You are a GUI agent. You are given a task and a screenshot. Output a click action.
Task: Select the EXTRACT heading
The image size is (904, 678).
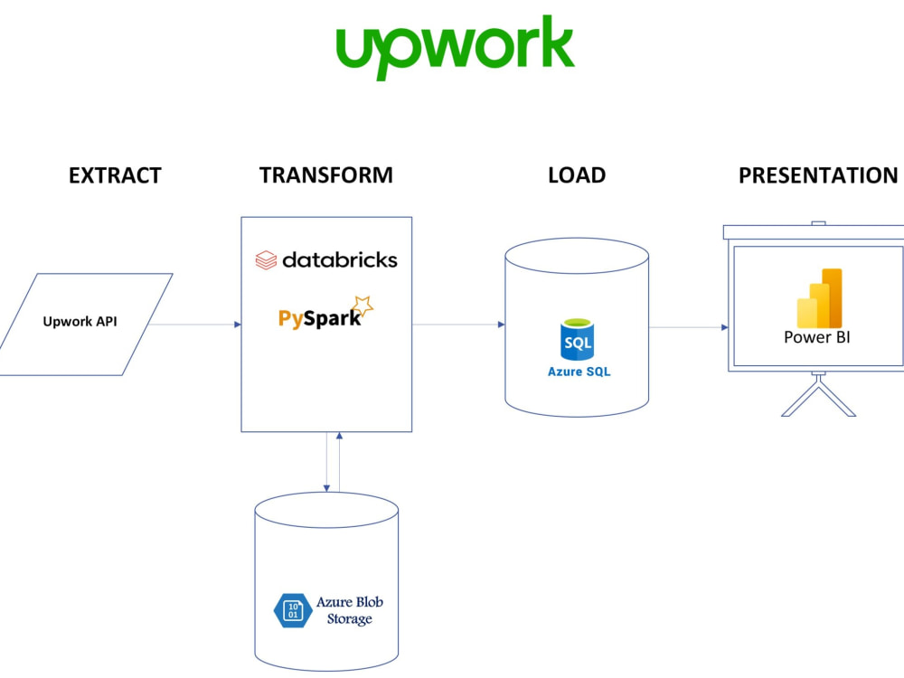click(x=115, y=175)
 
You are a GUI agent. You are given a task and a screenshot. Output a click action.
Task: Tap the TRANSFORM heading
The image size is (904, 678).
click(x=326, y=175)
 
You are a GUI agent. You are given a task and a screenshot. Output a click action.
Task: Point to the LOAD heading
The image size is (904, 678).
click(x=576, y=175)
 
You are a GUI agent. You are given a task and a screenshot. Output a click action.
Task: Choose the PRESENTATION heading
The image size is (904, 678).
click(x=818, y=175)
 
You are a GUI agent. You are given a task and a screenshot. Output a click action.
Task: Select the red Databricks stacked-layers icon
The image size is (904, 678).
click(x=265, y=260)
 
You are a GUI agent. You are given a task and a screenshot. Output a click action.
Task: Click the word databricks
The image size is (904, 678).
click(x=339, y=260)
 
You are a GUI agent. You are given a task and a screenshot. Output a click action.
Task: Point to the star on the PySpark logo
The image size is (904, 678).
click(x=363, y=306)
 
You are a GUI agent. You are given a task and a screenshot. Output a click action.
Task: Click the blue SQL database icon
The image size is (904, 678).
click(x=578, y=340)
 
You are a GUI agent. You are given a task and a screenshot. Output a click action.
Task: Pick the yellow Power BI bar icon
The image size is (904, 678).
click(x=819, y=298)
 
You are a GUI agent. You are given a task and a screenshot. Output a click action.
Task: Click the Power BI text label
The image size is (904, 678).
click(x=817, y=338)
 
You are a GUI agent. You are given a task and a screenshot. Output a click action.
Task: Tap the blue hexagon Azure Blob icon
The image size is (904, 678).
click(x=292, y=609)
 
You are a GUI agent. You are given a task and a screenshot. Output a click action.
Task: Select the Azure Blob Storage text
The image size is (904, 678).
click(x=343, y=610)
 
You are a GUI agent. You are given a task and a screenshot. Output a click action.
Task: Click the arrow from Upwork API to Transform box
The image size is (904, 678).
click(x=194, y=325)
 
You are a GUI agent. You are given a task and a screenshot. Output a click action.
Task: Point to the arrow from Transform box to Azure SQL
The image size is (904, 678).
click(x=458, y=325)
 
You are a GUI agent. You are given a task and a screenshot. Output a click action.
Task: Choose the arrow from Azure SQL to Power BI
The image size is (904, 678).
click(x=689, y=327)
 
